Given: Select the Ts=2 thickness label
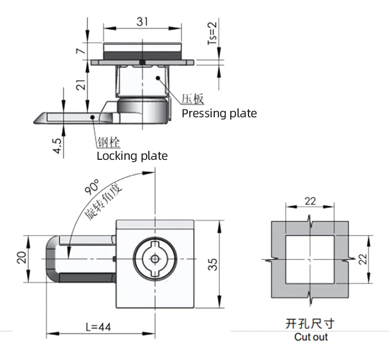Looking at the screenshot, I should pyautogui.click(x=212, y=34).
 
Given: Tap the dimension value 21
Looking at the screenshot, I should pyautogui.click(x=79, y=85).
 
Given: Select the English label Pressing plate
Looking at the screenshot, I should pyautogui.click(x=219, y=113).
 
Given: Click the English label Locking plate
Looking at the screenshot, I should pyautogui.click(x=132, y=156).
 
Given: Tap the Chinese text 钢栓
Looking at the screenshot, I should pyautogui.click(x=106, y=143).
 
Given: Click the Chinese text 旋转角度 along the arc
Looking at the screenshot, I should pyautogui.click(x=103, y=204).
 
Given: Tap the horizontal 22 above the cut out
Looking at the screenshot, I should pyautogui.click(x=310, y=201).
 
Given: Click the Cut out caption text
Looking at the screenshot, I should pyautogui.click(x=311, y=337).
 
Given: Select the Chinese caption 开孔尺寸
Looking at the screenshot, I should pyautogui.click(x=310, y=324).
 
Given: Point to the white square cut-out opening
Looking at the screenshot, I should pyautogui.click(x=310, y=258).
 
